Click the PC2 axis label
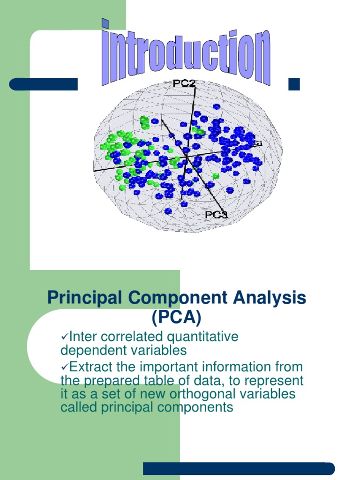(x=184, y=83)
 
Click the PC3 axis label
(x=216, y=215)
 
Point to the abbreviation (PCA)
(x=176, y=318)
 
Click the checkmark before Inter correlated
(x=65, y=337)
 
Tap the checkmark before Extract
(x=65, y=367)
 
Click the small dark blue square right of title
(x=294, y=84)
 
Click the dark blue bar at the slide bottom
(x=239, y=468)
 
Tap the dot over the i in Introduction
(x=106, y=22)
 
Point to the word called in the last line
(x=77, y=407)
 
